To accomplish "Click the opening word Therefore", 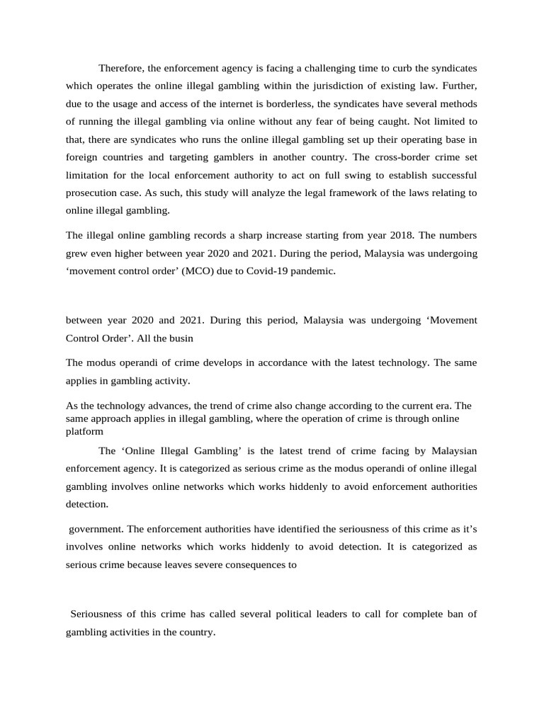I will pos(121,68).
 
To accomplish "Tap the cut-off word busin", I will pos(180,338).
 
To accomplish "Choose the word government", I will pos(96,530).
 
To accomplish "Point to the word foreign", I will pos(84,157).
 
